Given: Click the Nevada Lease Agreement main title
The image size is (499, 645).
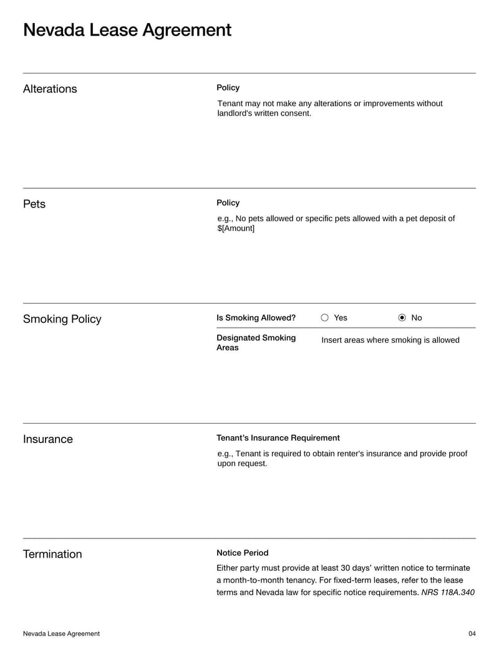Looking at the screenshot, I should (127, 30).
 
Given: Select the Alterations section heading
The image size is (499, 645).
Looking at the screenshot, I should (50, 89).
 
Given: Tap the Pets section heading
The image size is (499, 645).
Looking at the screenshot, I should (34, 204).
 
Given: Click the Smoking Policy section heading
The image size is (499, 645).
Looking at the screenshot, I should (62, 320).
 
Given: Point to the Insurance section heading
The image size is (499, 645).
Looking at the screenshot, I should (48, 439).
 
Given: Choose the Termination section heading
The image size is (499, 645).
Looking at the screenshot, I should (52, 555).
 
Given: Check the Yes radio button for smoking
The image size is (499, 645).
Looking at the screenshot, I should (325, 318).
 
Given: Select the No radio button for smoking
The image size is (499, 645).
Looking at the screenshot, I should (402, 318).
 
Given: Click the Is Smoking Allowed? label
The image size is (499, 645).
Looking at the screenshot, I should (256, 318).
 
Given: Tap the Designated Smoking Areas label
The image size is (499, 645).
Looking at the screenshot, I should (256, 343).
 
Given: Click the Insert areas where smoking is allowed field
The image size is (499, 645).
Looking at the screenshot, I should (390, 340).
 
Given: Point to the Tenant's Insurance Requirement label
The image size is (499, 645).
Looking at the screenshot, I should (278, 438).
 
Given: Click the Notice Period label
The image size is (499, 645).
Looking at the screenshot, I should (243, 553).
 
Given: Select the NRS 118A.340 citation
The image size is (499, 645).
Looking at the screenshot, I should (448, 593).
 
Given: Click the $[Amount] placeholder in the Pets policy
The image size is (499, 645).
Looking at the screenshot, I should (236, 229).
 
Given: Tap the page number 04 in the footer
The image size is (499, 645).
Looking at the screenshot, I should (472, 634).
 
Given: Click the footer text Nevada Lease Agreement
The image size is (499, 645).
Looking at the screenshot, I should (61, 634).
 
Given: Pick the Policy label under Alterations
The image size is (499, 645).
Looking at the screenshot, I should (228, 88).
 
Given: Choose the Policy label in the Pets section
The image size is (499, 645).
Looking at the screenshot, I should (228, 203).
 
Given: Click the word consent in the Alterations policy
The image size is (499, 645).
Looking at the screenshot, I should (296, 113).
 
